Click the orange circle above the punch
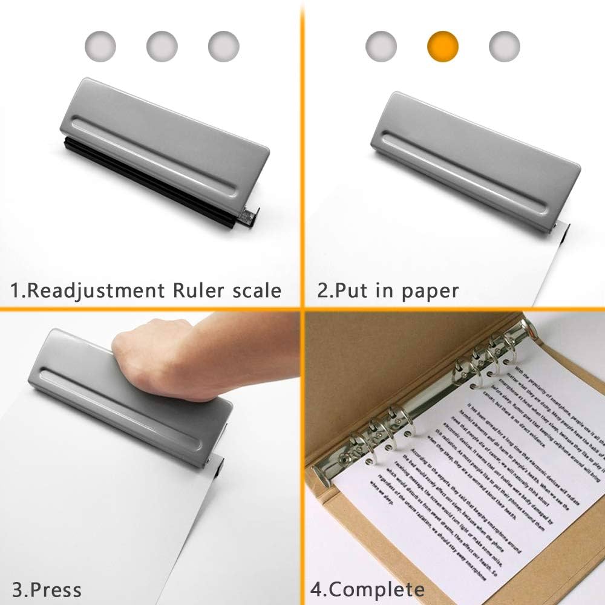click(443, 45)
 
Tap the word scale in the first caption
click(258, 291)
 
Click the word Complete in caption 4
click(378, 589)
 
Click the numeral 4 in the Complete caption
click(316, 589)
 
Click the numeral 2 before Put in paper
click(324, 291)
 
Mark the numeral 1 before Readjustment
click(16, 291)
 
